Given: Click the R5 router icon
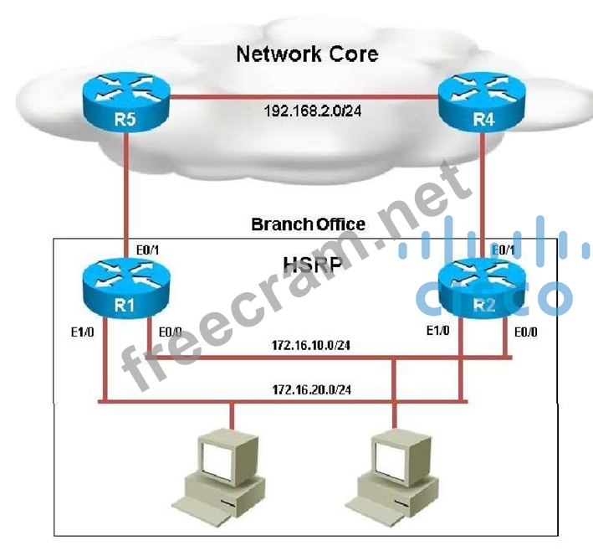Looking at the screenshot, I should click(126, 102).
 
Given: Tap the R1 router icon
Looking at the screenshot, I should click(126, 288).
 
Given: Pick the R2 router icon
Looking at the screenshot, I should click(483, 288).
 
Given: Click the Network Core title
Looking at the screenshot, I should click(307, 54).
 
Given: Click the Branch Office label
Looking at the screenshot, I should click(308, 224).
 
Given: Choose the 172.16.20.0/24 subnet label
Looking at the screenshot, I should click(310, 389).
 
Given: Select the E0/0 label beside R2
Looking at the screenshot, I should click(524, 331).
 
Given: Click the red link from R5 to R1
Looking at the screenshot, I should click(125, 193).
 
